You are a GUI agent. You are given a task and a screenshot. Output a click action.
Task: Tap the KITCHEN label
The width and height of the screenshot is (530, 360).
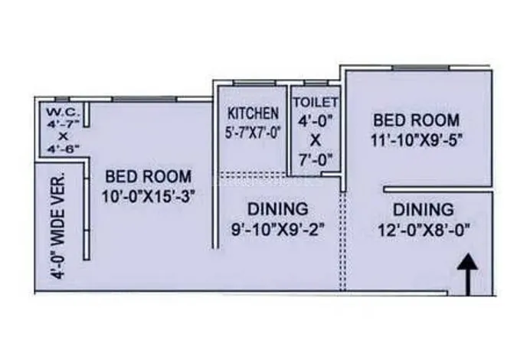click(254, 113)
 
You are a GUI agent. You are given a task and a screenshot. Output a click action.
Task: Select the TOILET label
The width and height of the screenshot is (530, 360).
click(315, 102)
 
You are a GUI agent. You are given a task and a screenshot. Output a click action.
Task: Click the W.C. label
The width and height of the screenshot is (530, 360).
click(64, 112)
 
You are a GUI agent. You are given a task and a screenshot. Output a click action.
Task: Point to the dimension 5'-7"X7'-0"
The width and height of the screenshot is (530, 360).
click(254, 133)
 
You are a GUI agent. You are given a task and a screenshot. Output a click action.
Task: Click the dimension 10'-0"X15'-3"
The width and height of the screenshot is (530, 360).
click(149, 196)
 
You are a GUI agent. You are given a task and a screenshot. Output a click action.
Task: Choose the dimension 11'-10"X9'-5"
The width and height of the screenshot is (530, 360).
click(417, 140)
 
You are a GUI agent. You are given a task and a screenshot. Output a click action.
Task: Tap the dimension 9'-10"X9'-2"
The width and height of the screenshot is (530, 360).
click(277, 230)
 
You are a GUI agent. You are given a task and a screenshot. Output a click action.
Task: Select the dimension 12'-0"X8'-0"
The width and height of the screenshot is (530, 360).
click(424, 231)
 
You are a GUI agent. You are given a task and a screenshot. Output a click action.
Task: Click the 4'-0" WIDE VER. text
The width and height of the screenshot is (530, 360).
click(58, 225)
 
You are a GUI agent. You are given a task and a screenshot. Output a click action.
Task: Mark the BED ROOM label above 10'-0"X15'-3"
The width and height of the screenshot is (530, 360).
click(149, 177)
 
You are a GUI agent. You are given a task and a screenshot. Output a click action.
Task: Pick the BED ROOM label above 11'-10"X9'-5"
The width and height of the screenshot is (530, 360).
click(417, 120)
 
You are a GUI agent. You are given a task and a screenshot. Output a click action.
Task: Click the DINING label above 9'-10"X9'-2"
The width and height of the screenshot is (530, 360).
click(278, 209)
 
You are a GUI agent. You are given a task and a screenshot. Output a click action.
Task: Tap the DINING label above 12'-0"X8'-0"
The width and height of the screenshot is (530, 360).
click(424, 210)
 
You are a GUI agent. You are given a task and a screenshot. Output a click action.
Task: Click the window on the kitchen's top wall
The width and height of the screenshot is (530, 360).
click(254, 83)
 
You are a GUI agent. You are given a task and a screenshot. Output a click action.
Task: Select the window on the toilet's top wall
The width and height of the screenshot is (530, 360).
click(316, 83)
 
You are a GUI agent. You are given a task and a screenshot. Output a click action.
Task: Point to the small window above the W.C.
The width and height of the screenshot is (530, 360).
click(62, 100)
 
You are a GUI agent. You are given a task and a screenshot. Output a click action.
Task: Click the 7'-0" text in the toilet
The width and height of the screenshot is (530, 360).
click(316, 160)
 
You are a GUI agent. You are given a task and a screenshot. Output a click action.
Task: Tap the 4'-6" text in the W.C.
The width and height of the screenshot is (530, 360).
click(64, 149)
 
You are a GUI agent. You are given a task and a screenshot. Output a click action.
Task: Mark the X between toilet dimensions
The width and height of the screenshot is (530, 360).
click(315, 140)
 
